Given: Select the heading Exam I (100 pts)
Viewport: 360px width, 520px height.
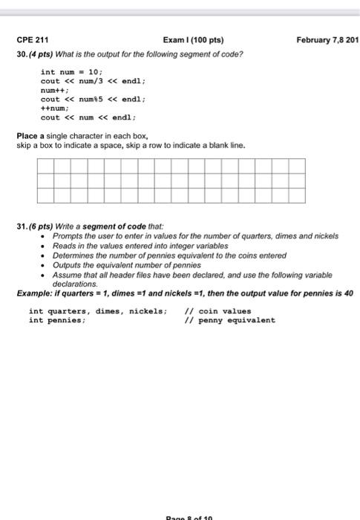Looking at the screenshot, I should (x=192, y=39).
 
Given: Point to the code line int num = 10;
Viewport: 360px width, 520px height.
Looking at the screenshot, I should (x=71, y=72).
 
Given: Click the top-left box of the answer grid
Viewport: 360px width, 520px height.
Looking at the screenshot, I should (x=44, y=166).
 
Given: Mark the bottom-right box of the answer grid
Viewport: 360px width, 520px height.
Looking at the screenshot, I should (x=297, y=195).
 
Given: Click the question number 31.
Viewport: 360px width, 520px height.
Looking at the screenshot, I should (x=22, y=225).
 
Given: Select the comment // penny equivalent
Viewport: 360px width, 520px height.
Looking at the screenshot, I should (x=229, y=320).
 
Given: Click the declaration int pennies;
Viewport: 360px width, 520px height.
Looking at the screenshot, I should (x=57, y=320).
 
